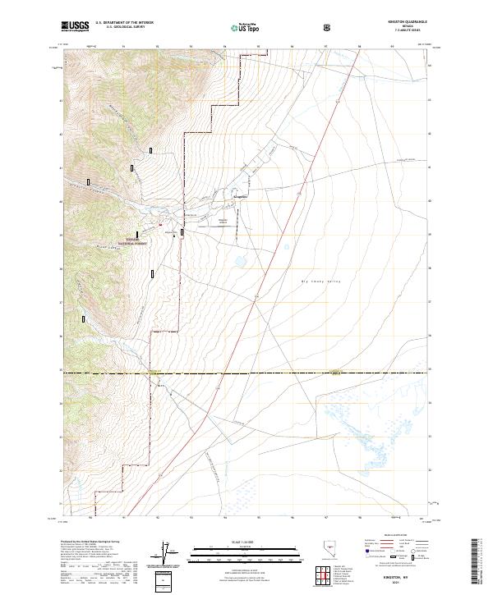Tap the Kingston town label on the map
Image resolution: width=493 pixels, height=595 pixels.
tap(241, 198)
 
